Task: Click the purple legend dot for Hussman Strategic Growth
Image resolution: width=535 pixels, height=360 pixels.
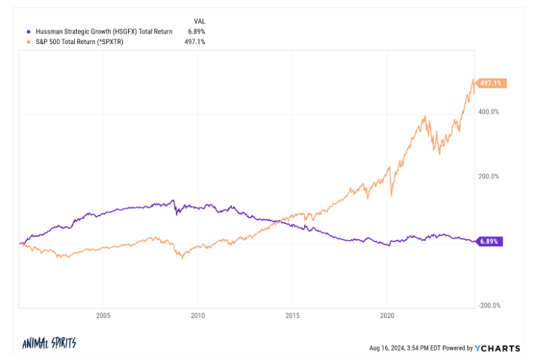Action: (27, 32)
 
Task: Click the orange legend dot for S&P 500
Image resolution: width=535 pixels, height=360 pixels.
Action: (27, 41)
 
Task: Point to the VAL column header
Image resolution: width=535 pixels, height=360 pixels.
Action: (200, 21)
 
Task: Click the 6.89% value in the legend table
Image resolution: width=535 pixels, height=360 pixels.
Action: (197, 32)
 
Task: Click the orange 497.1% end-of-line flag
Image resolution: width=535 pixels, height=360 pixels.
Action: (492, 83)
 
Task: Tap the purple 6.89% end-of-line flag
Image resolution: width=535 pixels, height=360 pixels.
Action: (490, 242)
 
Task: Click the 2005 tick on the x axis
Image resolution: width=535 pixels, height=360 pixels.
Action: (103, 315)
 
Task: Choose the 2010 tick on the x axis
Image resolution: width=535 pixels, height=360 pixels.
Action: (198, 315)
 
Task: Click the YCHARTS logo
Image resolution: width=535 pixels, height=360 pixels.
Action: (498, 348)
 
